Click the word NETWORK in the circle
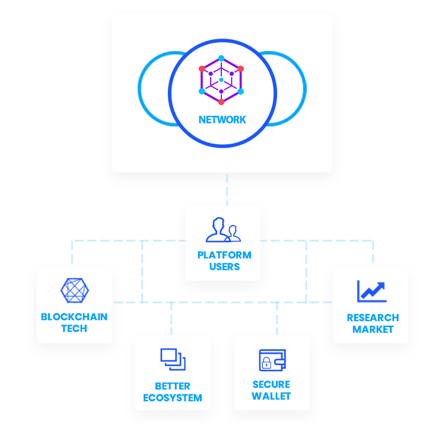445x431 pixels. pos(222,120)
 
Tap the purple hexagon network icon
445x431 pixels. pos(221,80)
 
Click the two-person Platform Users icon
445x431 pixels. pos(223,230)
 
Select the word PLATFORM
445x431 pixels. pos(224,255)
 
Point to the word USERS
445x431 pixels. pos(224,267)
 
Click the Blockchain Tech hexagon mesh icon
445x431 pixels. pos(74,290)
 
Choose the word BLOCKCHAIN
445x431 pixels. pos(74,317)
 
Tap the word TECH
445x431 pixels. pos(74,328)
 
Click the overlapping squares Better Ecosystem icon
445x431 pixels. pos(173,359)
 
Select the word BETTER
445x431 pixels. pos(173,386)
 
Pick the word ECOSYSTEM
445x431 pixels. pos(173,398)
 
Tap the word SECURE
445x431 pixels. pos(272,385)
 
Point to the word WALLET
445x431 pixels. pos(272,396)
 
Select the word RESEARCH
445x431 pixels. pos(373,318)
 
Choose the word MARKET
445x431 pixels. pos(373,329)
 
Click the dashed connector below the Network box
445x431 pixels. pos(227,189)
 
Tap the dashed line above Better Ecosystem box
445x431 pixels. pos(171,318)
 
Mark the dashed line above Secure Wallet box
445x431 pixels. pos(277,318)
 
